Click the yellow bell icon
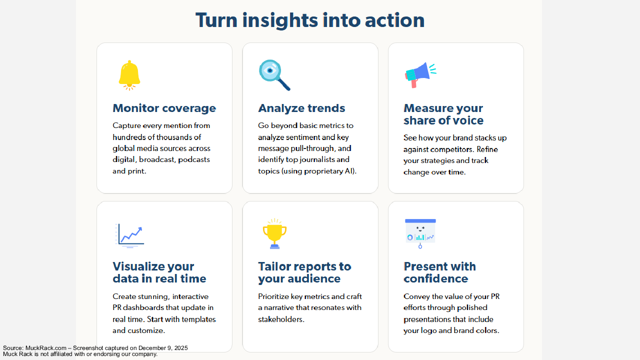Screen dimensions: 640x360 point(129,75)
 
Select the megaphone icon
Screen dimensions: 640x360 point(420,75)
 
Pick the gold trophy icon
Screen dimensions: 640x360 point(274,233)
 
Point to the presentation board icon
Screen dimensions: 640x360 point(420,233)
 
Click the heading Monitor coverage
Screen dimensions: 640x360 point(164,108)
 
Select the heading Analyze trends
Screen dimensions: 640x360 point(301,108)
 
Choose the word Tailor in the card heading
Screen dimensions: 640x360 point(275,266)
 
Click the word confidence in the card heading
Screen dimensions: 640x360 point(435,278)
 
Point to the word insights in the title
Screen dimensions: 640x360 point(279,20)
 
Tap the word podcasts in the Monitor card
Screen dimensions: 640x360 point(194,159)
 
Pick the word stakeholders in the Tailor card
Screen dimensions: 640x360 point(281,319)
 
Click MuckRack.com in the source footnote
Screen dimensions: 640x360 point(45,348)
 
